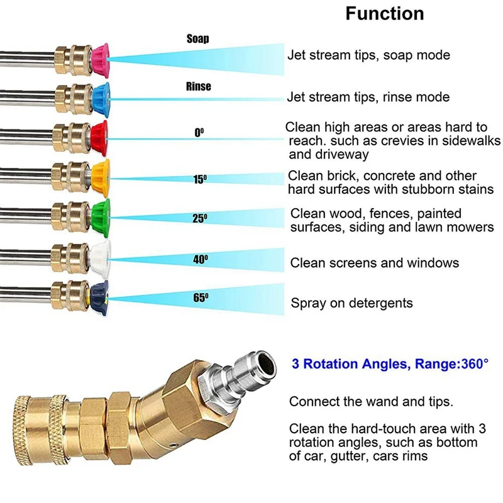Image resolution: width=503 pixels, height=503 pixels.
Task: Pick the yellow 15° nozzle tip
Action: click(101, 177)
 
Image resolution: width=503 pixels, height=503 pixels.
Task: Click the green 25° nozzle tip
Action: click(101, 216)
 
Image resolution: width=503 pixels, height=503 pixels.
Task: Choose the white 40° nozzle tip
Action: click(101, 257)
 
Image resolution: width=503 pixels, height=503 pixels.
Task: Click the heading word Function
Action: click(384, 14)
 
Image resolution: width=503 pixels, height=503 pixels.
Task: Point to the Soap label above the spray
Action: click(197, 39)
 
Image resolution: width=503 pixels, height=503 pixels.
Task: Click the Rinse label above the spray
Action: click(198, 86)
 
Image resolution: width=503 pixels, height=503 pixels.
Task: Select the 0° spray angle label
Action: click(199, 133)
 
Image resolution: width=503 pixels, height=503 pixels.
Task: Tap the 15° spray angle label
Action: click(200, 179)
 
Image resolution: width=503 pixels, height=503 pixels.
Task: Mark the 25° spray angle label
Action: click(200, 219)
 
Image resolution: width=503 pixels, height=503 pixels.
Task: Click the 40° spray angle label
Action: click(201, 258)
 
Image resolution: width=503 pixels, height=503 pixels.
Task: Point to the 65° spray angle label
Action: click(201, 298)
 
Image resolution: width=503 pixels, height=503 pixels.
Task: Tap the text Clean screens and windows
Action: click(375, 263)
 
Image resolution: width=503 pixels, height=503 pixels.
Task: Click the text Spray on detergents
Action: click(351, 303)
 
